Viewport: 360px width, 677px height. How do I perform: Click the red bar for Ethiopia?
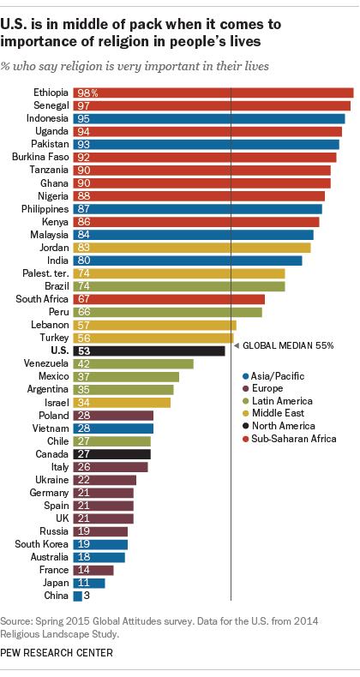tap(214, 93)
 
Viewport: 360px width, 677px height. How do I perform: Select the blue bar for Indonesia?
tap(210, 119)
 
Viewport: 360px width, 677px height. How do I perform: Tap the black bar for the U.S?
tap(150, 350)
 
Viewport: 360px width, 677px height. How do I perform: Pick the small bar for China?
tap(78, 596)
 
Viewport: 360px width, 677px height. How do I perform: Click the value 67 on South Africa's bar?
tap(84, 299)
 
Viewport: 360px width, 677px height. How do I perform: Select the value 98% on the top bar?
tap(87, 93)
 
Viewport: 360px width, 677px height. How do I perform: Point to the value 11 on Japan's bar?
tap(83, 583)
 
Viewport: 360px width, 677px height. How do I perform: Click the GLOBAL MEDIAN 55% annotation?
tap(288, 345)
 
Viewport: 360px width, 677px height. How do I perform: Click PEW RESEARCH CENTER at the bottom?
tap(57, 653)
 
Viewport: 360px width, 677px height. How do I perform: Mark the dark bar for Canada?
tap(112, 453)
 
